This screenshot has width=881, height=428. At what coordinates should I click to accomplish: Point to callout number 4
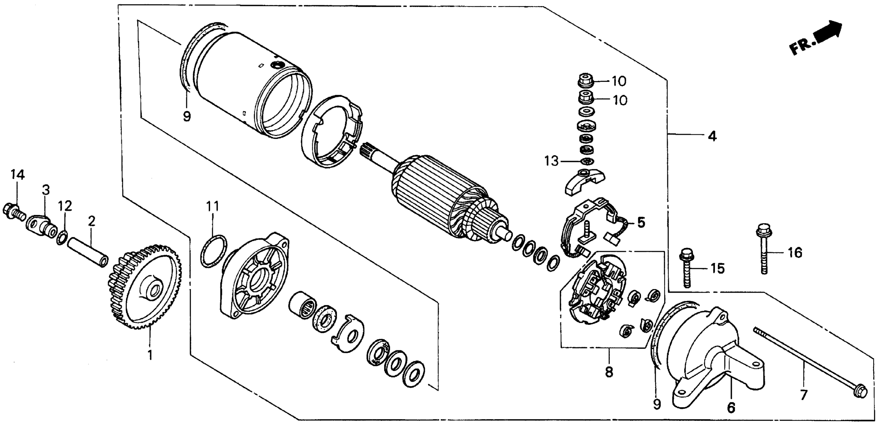pyautogui.click(x=712, y=136)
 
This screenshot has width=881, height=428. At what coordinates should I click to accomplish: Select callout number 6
pyautogui.click(x=731, y=408)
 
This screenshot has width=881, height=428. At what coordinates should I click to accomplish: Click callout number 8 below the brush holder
pyautogui.click(x=609, y=372)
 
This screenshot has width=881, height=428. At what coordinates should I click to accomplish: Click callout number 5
pyautogui.click(x=641, y=223)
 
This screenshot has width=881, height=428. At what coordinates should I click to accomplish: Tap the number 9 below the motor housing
pyautogui.click(x=187, y=117)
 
